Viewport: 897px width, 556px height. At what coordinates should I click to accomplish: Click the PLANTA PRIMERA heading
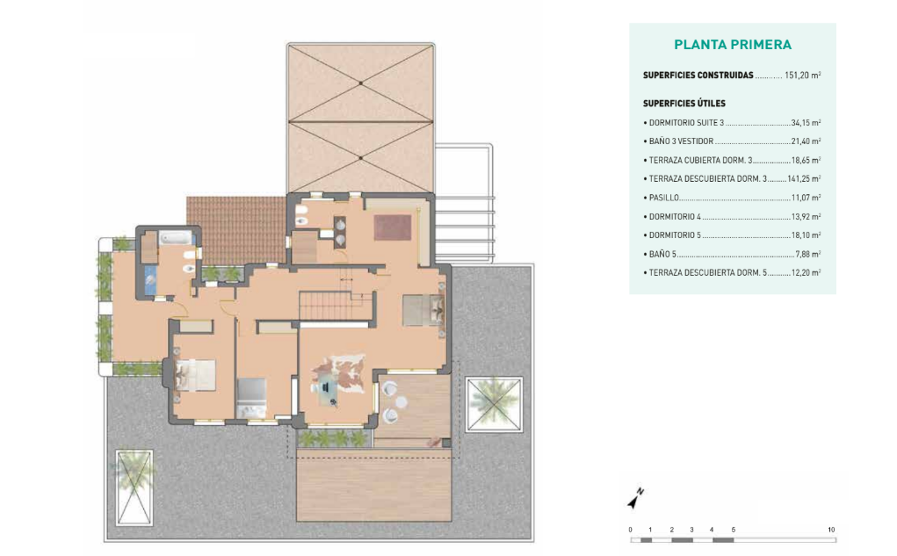click(732, 45)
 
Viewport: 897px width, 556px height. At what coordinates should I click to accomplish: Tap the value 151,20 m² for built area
click(803, 75)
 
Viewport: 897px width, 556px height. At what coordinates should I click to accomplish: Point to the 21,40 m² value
click(806, 141)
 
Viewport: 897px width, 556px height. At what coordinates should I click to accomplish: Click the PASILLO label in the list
click(663, 198)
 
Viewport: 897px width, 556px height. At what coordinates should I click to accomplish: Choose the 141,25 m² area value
click(804, 178)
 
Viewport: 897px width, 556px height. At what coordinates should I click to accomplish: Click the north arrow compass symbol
click(635, 499)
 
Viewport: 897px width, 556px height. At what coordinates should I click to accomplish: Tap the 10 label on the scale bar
click(831, 530)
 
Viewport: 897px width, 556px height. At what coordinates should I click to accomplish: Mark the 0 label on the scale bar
click(631, 530)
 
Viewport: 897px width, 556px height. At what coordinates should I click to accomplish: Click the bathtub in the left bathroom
click(177, 237)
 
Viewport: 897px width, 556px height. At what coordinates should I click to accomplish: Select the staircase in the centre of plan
click(326, 305)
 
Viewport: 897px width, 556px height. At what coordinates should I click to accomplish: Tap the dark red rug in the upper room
click(393, 227)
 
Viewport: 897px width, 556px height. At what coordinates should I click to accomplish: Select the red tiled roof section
click(236, 230)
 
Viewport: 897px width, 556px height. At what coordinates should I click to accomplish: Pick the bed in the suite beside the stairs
click(424, 309)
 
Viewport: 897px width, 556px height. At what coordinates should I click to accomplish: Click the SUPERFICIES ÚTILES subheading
click(684, 104)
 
